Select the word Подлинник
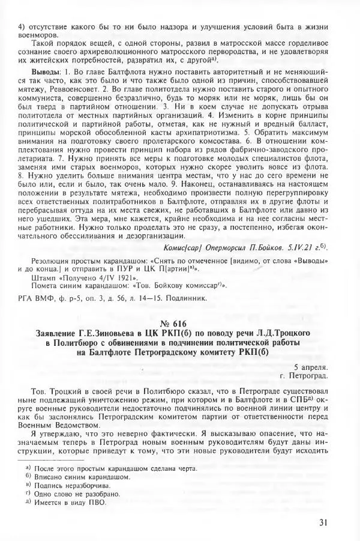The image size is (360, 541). click(190, 297)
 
